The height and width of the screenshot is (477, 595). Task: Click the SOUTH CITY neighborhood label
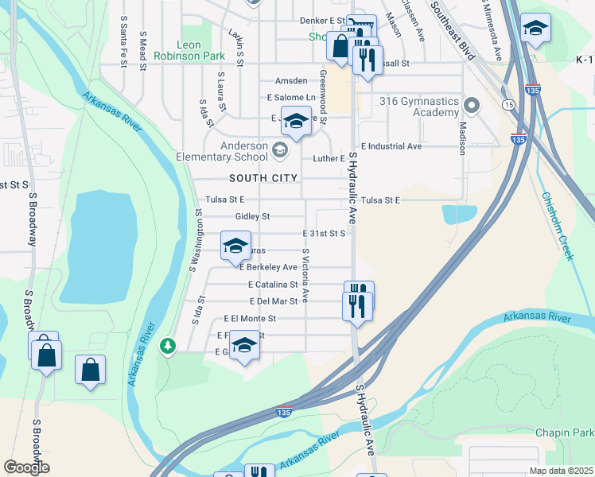263,178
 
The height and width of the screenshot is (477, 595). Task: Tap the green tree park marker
167,345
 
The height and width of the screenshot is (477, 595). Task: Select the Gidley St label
253,216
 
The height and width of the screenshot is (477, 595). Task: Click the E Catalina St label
273,284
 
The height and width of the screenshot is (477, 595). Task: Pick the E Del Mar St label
273,301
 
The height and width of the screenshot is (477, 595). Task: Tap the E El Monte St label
250,318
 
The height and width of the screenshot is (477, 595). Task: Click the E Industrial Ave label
391,146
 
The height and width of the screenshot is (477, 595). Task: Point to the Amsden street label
290,81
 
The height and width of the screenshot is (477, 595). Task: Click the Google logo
27,467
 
